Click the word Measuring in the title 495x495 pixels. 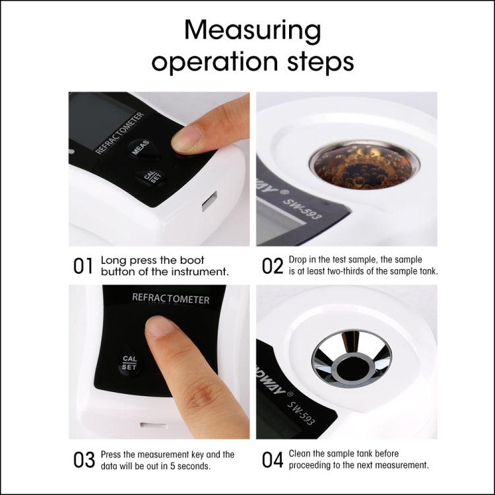pyautogui.click(x=253, y=32)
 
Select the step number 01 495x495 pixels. pyautogui.click(x=82, y=266)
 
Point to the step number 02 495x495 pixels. pyautogui.click(x=272, y=266)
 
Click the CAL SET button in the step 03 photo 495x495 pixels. pyautogui.click(x=129, y=363)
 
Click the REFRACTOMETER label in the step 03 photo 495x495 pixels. pyautogui.click(x=170, y=299)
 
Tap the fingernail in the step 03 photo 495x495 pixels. pyautogui.click(x=158, y=326)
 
